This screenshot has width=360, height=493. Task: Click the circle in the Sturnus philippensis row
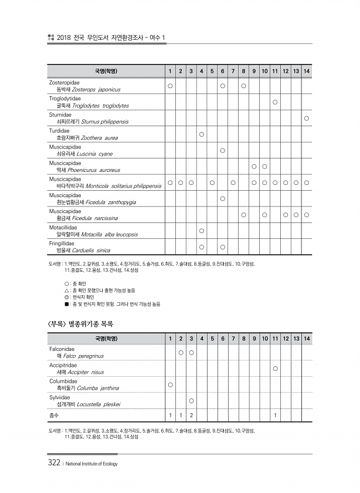(307, 118)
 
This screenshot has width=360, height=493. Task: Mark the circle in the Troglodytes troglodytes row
(275, 102)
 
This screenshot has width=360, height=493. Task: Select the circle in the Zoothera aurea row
(201, 134)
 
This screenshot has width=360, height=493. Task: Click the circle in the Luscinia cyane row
(223, 150)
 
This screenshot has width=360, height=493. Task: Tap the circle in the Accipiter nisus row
(275, 368)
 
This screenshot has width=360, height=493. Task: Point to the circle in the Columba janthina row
(170, 384)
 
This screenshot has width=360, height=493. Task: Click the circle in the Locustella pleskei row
(192, 400)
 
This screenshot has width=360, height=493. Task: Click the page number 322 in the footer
(54, 463)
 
